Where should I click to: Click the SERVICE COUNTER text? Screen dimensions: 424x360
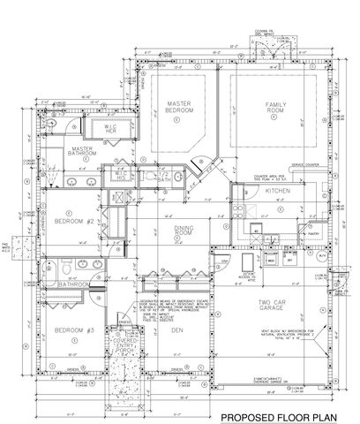coord(314,165)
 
